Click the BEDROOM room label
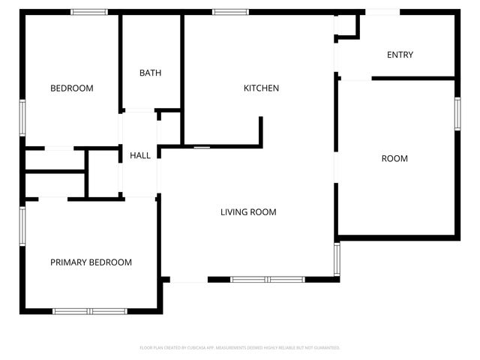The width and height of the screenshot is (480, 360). click(x=72, y=88)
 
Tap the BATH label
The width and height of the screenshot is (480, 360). click(x=150, y=73)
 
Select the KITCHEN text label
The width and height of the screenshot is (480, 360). click(x=261, y=88)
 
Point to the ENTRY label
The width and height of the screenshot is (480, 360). click(x=400, y=55)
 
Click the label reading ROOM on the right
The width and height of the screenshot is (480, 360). click(x=394, y=158)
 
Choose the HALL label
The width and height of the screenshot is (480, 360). click(x=140, y=156)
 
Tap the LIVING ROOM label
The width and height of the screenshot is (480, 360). click(x=248, y=212)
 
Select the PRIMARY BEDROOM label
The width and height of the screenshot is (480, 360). click(x=91, y=262)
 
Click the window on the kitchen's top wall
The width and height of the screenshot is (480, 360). click(x=230, y=12)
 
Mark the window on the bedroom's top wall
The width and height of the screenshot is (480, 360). click(x=89, y=12)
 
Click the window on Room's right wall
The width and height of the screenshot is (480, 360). click(x=457, y=114)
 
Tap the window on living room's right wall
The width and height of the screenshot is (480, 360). click(x=337, y=258)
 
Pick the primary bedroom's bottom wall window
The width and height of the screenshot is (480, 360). click(x=89, y=310)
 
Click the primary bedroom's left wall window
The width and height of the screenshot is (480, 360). click(x=22, y=226)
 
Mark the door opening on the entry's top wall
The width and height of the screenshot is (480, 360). click(x=382, y=12)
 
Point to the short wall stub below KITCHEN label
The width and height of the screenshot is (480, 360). click(x=261, y=130)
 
